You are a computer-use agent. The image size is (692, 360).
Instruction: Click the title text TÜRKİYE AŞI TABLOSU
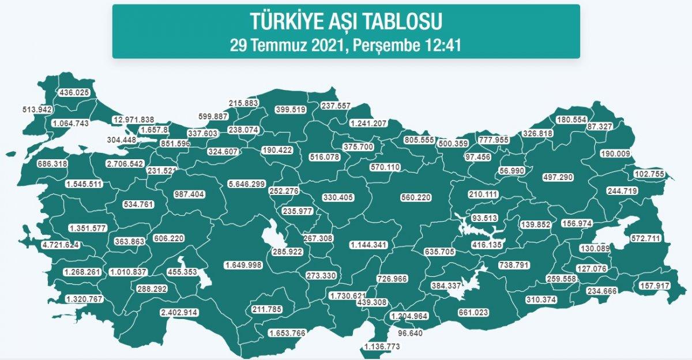[346, 21]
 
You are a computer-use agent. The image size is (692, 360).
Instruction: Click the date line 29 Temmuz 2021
[346, 45]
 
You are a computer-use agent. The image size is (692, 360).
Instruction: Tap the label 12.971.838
[134, 119]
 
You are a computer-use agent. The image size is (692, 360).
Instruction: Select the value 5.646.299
[246, 183]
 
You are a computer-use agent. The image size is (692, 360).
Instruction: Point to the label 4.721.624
[59, 245]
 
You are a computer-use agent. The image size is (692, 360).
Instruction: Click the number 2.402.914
[179, 313]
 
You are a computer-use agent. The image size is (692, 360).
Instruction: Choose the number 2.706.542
[125, 164]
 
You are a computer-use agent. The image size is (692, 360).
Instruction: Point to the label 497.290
[558, 177]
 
